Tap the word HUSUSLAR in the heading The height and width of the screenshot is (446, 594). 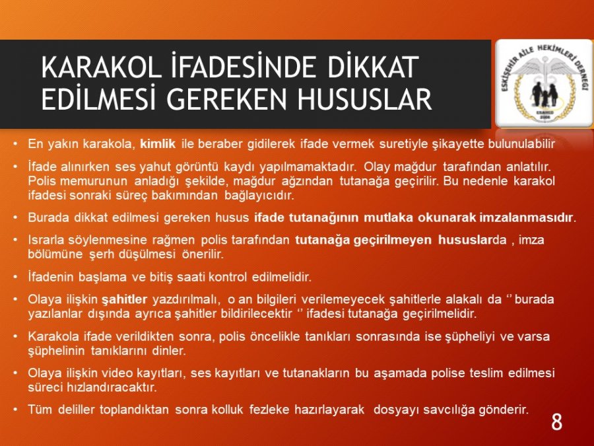pos(364,99)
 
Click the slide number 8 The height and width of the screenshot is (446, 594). pos(556,422)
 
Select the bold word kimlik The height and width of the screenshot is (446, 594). pos(158,144)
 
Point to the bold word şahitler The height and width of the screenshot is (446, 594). pos(124,299)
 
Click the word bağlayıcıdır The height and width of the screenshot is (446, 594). pos(259,196)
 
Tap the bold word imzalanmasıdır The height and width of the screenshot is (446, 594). pos(527,217)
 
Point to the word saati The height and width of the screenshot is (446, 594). pos(191,278)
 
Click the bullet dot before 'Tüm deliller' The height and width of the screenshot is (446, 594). pos(15,410)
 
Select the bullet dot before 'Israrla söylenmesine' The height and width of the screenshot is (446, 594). pos(15,240)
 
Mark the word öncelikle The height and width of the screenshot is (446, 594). pos(275,336)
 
